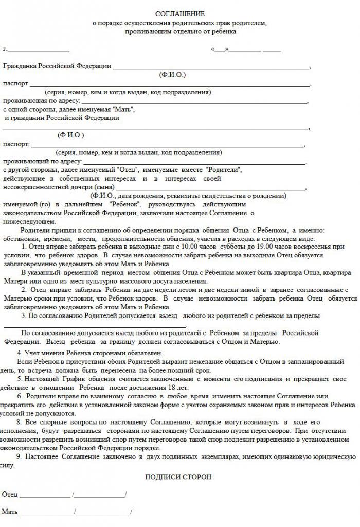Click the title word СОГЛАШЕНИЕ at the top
pyautogui.click(x=179, y=14)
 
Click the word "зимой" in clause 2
pyautogui.click(x=226, y=290)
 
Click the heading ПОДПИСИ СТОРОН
pyautogui.click(x=178, y=477)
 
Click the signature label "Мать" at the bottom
pyautogui.click(x=10, y=512)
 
